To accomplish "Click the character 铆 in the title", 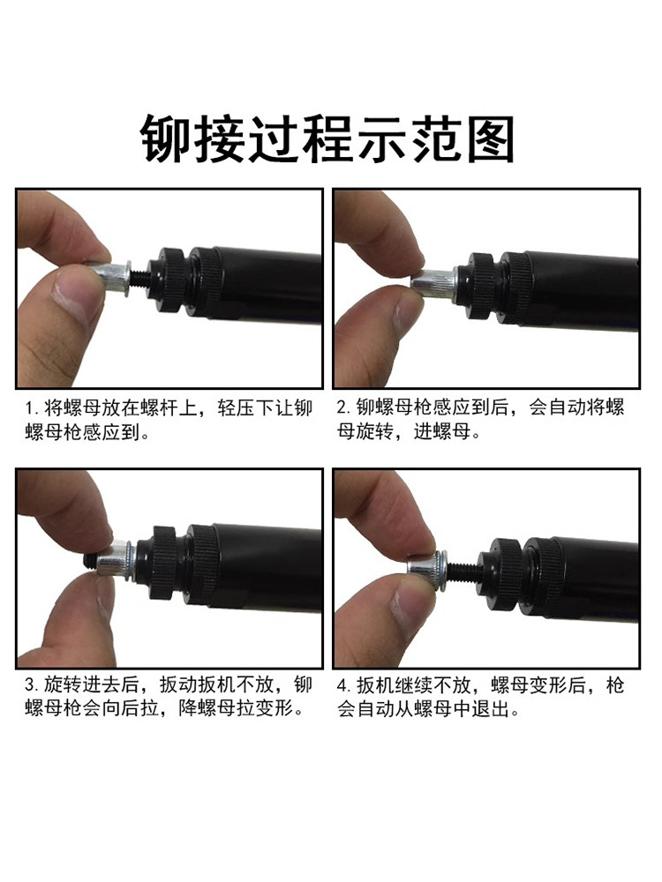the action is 165,139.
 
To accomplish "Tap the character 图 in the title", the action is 489,139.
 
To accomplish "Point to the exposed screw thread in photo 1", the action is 141,276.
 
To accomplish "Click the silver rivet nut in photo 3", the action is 115,560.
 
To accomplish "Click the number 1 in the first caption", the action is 29,407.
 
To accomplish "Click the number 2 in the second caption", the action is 342,407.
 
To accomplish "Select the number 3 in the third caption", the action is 30,684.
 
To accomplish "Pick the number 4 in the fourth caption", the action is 342,685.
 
